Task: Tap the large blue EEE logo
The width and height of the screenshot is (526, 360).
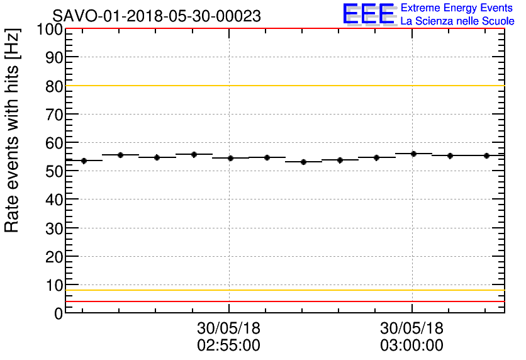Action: tap(369, 14)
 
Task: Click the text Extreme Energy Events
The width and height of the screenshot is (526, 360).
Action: tap(456, 8)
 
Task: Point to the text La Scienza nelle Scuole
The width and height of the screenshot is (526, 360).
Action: tap(457, 21)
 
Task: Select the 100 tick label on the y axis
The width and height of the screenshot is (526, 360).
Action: tap(49, 30)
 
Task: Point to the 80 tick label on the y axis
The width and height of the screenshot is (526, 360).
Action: tap(53, 86)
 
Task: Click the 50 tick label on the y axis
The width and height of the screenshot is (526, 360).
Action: tap(53, 171)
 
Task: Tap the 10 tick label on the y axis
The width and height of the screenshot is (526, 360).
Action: tap(53, 284)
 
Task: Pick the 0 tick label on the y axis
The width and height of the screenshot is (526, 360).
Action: tap(58, 313)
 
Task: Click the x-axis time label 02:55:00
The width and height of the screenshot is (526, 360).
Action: tap(229, 346)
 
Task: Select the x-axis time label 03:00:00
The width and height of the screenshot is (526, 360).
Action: tap(411, 346)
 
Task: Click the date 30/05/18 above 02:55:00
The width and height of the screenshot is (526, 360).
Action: tap(229, 329)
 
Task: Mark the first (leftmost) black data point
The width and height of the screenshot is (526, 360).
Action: tap(84, 160)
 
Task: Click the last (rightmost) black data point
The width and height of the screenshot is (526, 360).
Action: tap(486, 155)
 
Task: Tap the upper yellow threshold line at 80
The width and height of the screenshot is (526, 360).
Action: tap(283, 86)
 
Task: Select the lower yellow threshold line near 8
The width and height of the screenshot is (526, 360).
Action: tap(283, 290)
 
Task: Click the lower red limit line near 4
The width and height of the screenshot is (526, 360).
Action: tap(283, 301)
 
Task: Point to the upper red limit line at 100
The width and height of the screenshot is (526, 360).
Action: tap(283, 29)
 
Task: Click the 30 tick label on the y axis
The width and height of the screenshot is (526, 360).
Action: tap(53, 228)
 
